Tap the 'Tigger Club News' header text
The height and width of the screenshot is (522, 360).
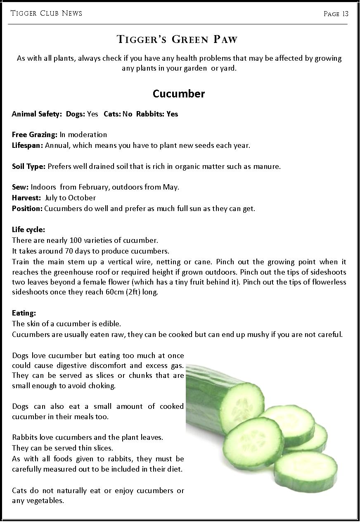click(x=46, y=13)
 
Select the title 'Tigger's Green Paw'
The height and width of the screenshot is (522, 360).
click(x=178, y=40)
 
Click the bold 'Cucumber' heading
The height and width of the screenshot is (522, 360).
click(x=179, y=94)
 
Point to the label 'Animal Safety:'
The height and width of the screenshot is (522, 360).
click(x=36, y=114)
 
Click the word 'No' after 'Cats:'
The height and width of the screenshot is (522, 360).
click(x=127, y=114)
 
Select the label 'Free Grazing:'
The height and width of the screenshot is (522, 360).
click(x=35, y=135)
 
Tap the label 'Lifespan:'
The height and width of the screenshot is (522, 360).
click(x=28, y=145)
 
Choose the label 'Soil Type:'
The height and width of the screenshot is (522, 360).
click(x=28, y=166)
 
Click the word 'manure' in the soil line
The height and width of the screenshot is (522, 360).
click(x=267, y=166)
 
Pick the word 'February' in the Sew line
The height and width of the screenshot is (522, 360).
click(x=93, y=187)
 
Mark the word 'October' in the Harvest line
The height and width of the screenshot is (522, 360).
click(x=82, y=198)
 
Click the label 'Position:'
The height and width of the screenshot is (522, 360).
click(x=27, y=209)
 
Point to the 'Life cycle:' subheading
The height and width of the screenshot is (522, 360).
click(x=28, y=230)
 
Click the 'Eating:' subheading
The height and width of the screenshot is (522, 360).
click(x=24, y=313)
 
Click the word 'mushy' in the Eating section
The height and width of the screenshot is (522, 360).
click(x=258, y=335)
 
